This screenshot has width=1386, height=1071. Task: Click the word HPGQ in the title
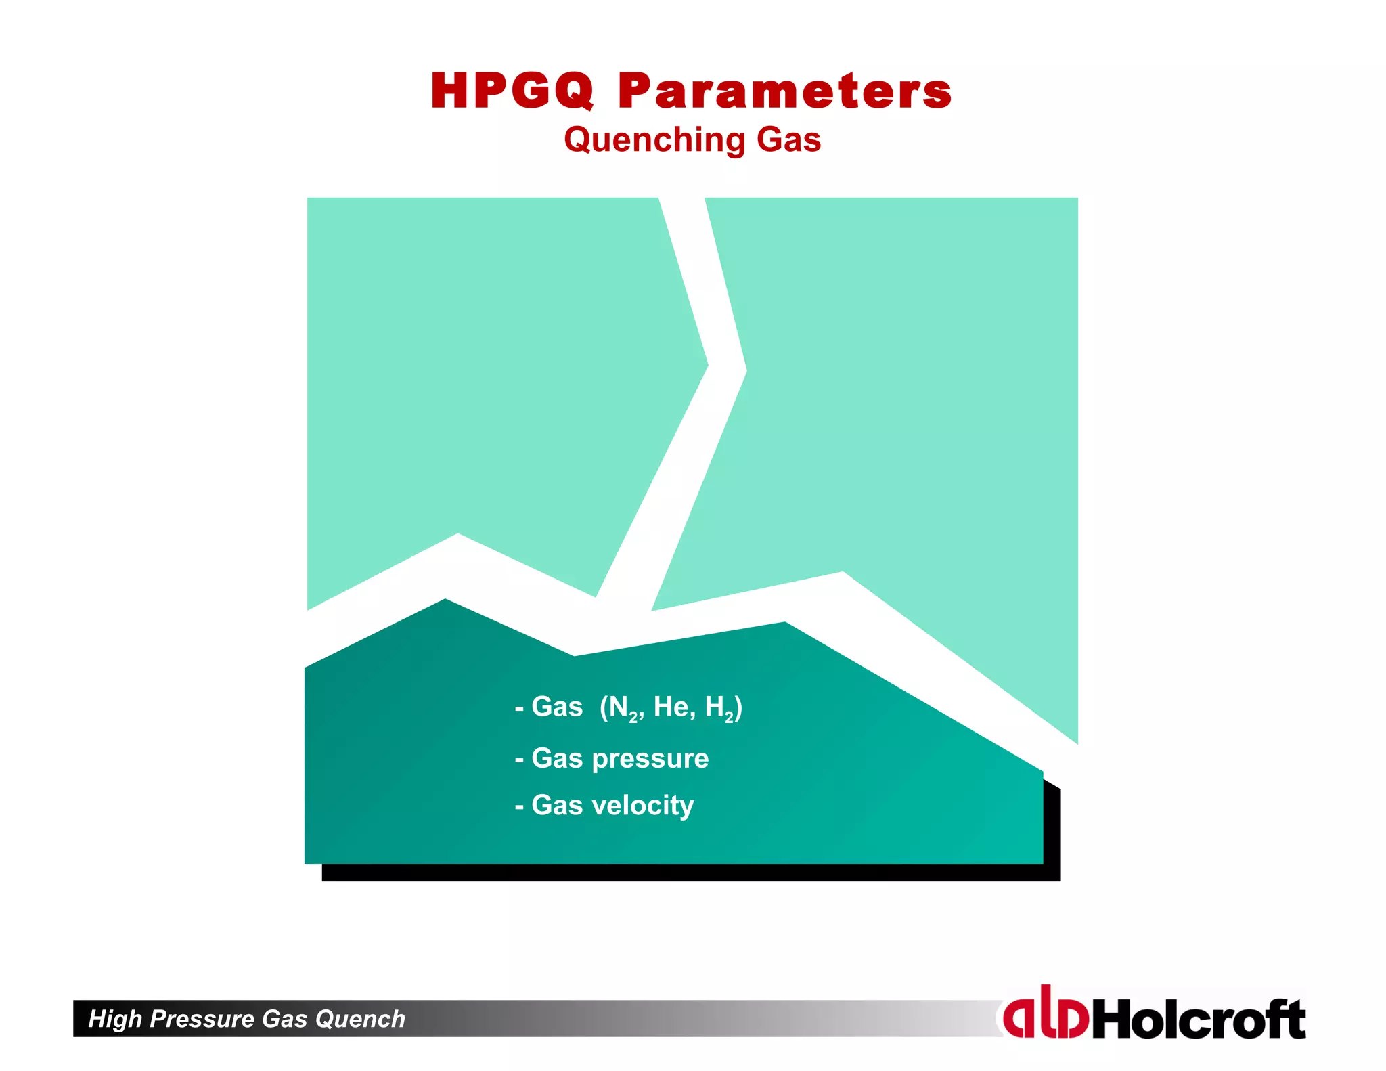(512, 91)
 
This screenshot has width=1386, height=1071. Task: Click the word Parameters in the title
(785, 91)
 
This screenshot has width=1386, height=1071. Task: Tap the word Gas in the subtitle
(788, 139)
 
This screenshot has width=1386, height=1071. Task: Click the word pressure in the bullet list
(650, 759)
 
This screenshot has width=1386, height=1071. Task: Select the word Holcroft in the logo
(1198, 1019)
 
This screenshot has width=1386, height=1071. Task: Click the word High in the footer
(115, 1019)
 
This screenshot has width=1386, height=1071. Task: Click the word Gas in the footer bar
(284, 1019)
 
